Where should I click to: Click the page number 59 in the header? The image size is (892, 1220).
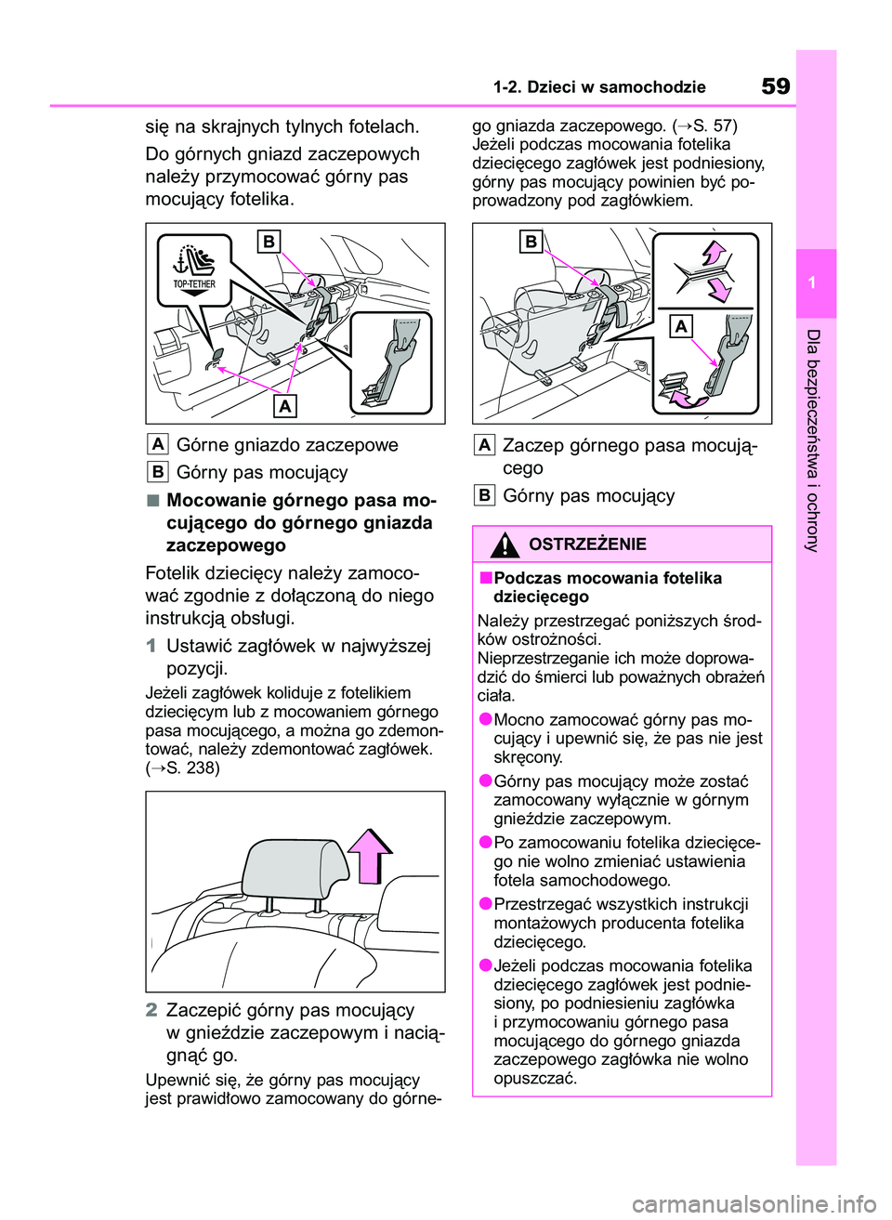click(x=776, y=86)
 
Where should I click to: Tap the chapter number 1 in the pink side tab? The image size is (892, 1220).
click(x=812, y=282)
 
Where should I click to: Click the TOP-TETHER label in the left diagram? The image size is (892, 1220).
click(x=194, y=284)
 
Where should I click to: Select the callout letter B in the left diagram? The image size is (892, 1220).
click(x=269, y=242)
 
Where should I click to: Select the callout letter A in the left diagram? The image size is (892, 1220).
click(x=285, y=406)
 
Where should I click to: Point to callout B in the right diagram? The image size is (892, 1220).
click(x=531, y=242)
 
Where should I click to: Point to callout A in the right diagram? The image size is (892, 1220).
click(x=682, y=326)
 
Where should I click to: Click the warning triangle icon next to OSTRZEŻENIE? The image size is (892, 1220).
click(x=505, y=544)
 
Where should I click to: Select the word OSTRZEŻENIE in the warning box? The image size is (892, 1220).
click(x=587, y=544)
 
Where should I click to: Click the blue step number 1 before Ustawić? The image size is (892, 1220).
click(x=151, y=646)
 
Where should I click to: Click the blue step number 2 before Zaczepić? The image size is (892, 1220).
click(x=151, y=1010)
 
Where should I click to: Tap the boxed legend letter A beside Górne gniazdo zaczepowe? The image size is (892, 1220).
click(x=158, y=444)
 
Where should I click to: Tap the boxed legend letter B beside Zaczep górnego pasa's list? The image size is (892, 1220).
click(x=484, y=495)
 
